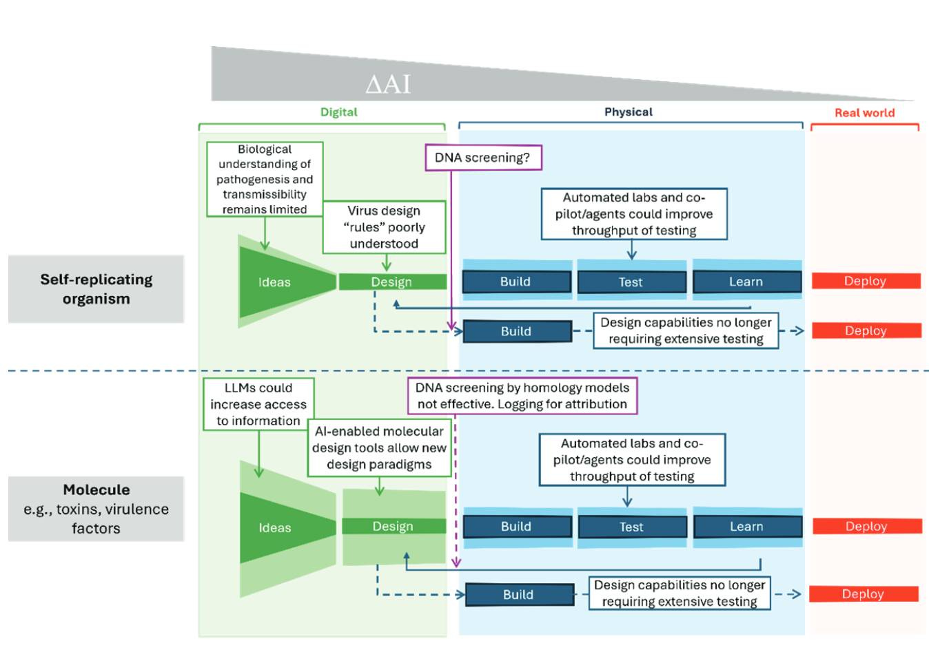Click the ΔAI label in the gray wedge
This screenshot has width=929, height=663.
point(388,84)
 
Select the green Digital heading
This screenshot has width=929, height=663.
point(338,112)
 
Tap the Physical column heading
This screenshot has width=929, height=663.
point(628,112)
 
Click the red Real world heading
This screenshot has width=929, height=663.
point(864,113)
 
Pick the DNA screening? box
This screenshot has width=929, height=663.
point(482,158)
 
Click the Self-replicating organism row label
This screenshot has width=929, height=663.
point(96,289)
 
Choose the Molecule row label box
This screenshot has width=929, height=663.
point(96,509)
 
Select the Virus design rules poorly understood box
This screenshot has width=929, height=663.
point(384,227)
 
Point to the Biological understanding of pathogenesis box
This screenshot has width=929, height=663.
point(265,179)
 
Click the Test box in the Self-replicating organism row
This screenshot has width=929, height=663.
point(631,282)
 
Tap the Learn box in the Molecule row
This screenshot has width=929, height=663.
point(747,527)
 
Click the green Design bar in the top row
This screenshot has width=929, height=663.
point(391,282)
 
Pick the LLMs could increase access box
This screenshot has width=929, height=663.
point(258,404)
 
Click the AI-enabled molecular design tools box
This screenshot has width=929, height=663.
point(379,448)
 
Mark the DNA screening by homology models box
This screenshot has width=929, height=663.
point(522,396)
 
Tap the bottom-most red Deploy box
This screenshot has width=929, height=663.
point(863,594)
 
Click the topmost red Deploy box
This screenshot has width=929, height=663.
point(865,281)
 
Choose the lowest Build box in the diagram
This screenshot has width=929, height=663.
point(518,595)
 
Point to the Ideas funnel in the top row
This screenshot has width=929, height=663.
point(275,282)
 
